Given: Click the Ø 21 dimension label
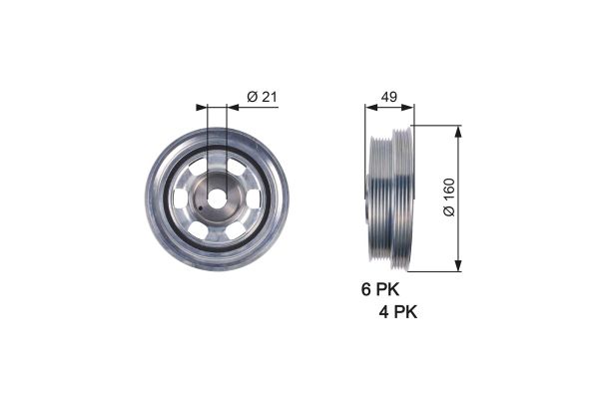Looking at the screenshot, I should point(261,97).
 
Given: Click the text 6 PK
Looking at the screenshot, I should point(379,291).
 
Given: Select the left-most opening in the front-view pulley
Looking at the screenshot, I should point(179,199).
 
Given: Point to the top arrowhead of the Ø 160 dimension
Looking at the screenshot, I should point(459,131).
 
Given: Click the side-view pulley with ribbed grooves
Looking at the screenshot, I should point(389,197).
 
